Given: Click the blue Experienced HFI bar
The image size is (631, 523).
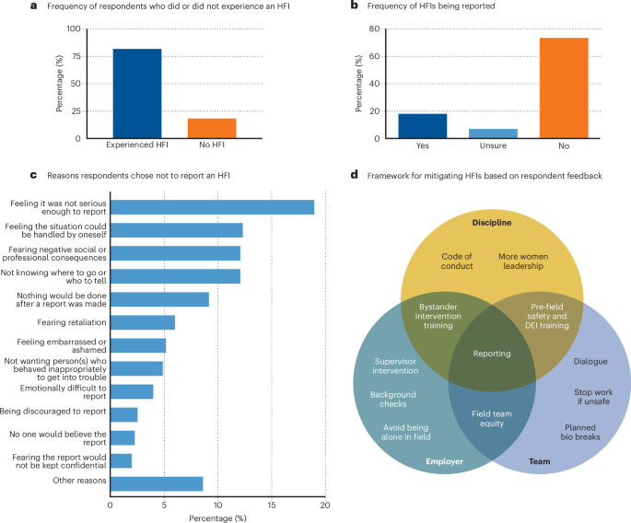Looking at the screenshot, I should [x=136, y=93].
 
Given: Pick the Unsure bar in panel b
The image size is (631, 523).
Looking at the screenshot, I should [x=493, y=134].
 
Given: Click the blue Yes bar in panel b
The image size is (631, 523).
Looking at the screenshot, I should [x=423, y=126].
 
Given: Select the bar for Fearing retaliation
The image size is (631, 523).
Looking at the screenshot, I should [x=143, y=321].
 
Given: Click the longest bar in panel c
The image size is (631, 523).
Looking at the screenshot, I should [x=212, y=207].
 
